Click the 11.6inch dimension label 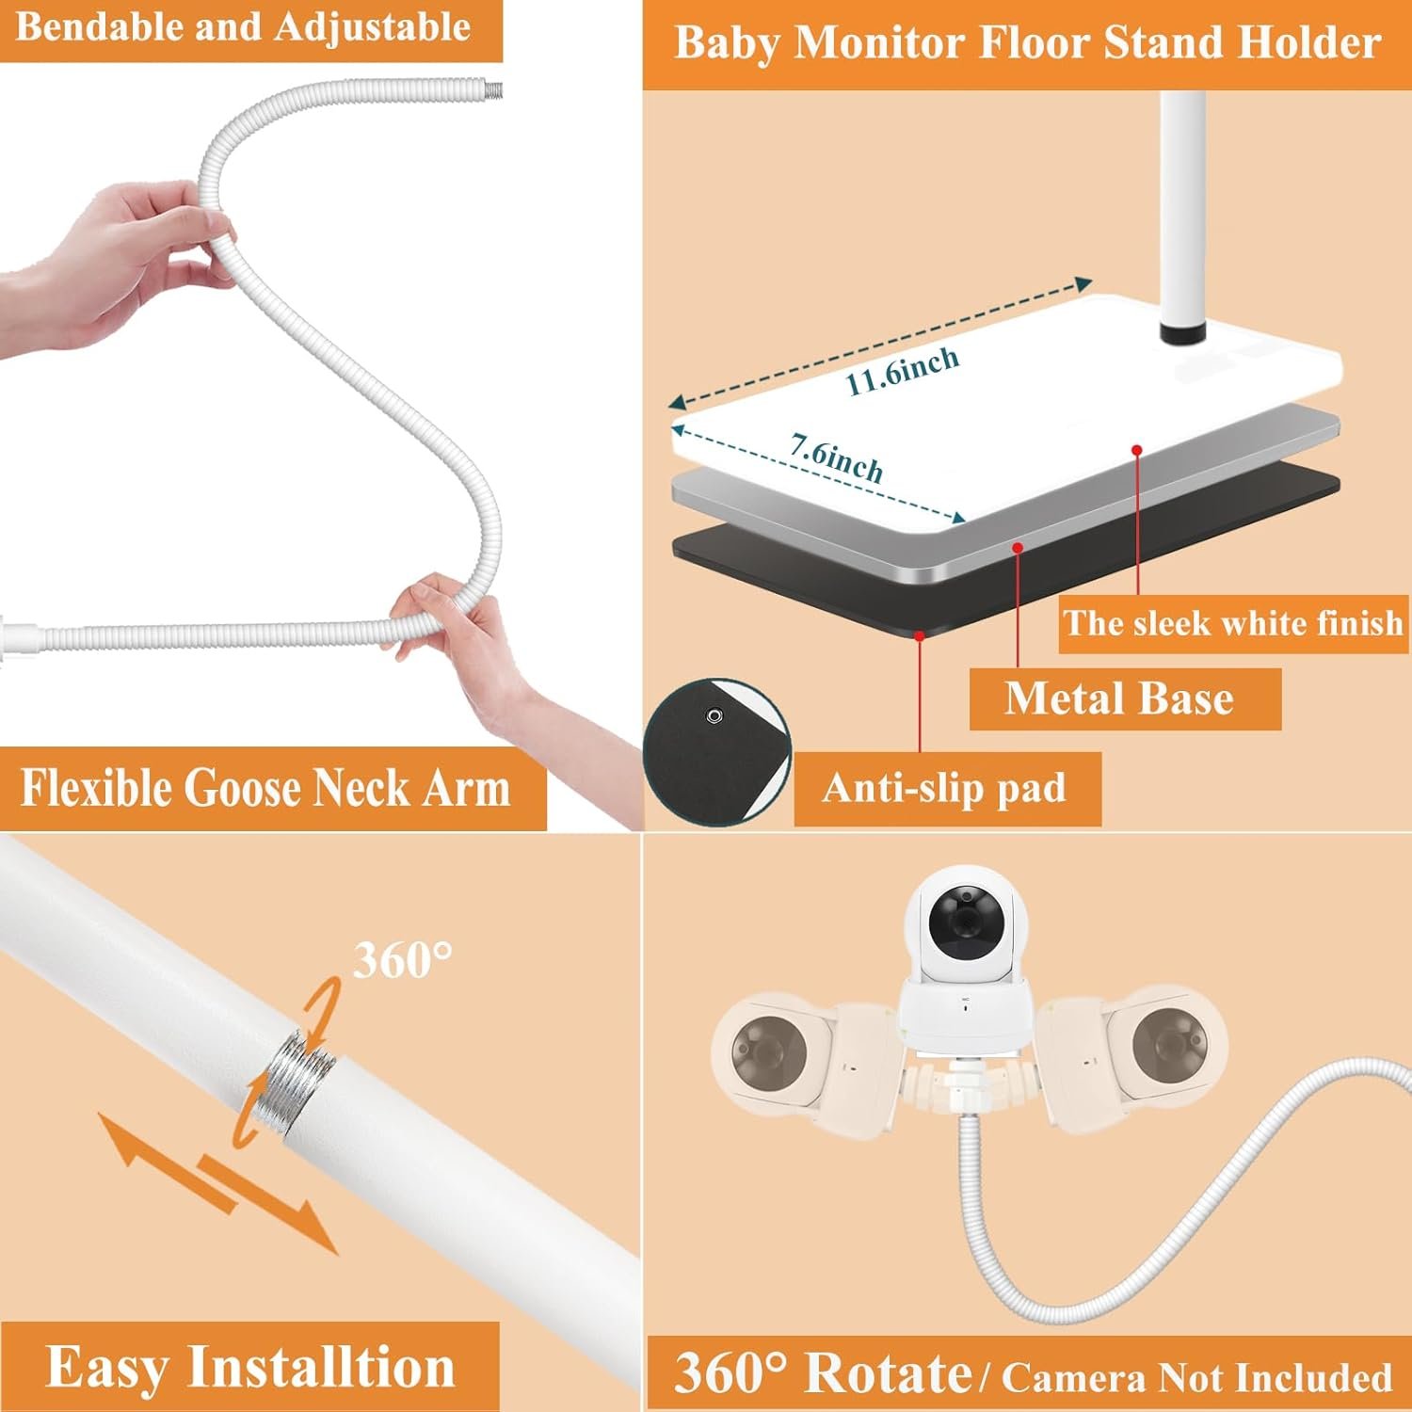[901, 371]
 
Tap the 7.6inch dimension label [836, 457]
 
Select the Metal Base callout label [1119, 698]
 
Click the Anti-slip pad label [944, 788]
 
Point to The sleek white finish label [1233, 623]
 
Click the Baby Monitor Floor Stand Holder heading [1027, 43]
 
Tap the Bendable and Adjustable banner [243, 26]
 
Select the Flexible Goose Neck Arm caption [265, 788]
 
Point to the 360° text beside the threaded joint [403, 960]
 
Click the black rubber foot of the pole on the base [1183, 332]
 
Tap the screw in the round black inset [714, 716]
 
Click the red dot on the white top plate [1137, 451]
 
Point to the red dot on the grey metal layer [1018, 546]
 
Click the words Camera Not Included [1196, 1377]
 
